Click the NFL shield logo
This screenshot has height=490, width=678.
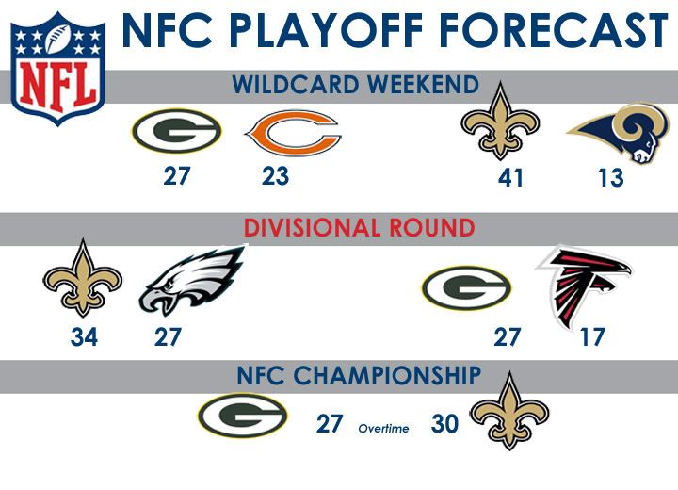[x=58, y=69]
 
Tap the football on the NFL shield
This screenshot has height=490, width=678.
[x=57, y=39]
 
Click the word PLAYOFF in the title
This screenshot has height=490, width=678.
[x=330, y=30]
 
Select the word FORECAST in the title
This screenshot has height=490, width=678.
[x=554, y=30]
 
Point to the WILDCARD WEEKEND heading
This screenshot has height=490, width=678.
[x=356, y=85]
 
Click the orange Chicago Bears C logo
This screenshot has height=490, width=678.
[x=294, y=133]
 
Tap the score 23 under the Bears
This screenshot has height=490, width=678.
[x=275, y=176]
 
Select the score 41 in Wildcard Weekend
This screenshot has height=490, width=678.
[x=510, y=177]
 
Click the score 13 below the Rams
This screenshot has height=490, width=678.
[x=611, y=177]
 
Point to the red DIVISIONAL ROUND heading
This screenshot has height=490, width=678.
[x=360, y=228]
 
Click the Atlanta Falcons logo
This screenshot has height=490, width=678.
[x=584, y=286]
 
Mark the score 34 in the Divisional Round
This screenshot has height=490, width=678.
[x=84, y=336]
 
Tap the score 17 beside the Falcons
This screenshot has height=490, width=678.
[x=592, y=336]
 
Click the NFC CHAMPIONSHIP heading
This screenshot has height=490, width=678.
[x=359, y=375]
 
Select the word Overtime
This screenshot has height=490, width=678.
[x=383, y=429]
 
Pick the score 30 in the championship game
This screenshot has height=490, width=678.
[x=444, y=423]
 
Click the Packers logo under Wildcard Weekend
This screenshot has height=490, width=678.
[x=176, y=131]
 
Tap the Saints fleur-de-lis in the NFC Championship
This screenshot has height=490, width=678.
[x=509, y=411]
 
